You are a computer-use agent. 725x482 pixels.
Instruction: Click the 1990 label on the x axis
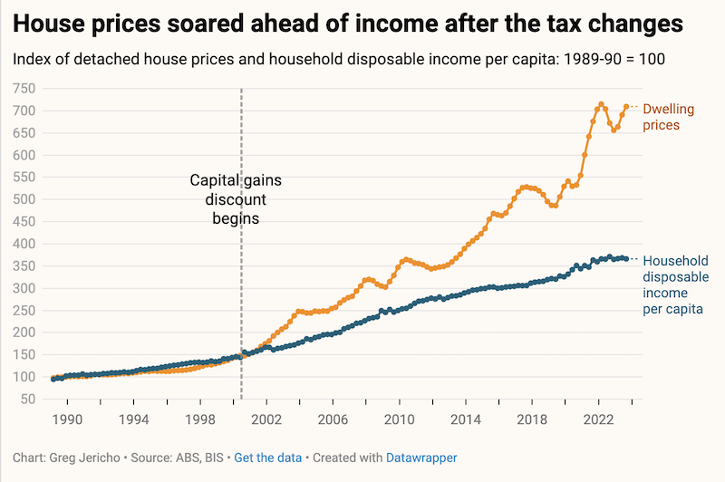tap(66, 419)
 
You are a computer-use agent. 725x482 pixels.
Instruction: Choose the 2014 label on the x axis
tap(466, 419)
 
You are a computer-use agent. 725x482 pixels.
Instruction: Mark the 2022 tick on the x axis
tap(599, 419)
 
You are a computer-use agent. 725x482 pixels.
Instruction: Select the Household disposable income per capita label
tap(673, 284)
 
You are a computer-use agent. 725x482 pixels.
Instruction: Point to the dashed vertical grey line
tap(241, 272)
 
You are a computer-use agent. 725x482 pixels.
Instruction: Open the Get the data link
tap(267, 458)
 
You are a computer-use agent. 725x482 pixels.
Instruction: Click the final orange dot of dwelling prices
tap(626, 107)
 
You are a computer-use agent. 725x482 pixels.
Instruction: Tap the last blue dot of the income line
tap(626, 259)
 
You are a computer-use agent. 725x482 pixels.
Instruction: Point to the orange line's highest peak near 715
tap(601, 104)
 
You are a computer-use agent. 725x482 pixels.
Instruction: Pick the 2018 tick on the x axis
tap(533, 419)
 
